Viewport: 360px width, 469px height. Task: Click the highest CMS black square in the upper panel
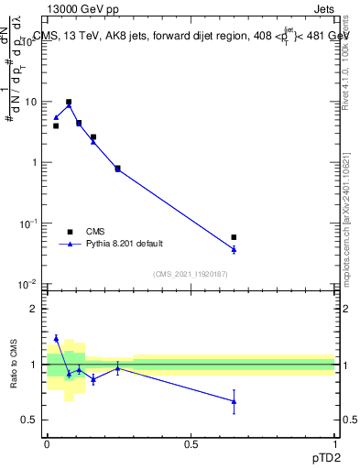point(69,103)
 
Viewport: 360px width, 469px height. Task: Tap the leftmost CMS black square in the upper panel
point(56,125)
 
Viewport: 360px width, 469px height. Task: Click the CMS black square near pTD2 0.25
point(117,168)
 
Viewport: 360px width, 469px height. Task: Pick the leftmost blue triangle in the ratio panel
point(56,339)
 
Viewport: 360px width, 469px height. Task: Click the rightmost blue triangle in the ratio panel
point(234,401)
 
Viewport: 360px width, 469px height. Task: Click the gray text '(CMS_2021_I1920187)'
point(191,273)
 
